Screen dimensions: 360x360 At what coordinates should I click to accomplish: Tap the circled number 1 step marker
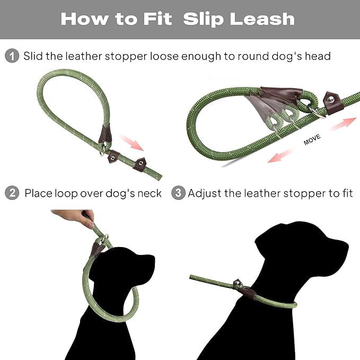click(x=12, y=56)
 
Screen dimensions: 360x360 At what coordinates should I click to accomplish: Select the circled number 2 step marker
click(x=12, y=193)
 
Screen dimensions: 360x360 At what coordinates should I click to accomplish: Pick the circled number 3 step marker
click(x=179, y=193)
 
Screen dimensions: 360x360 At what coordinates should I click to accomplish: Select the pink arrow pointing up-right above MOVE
click(x=341, y=124)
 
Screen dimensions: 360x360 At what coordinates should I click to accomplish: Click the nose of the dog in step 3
click(x=345, y=245)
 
